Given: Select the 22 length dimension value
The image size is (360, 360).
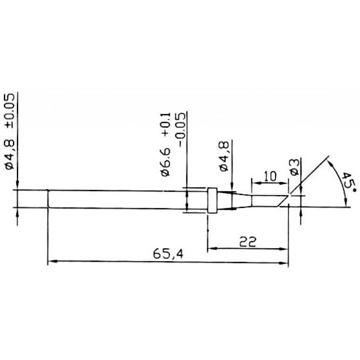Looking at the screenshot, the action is (x=248, y=242).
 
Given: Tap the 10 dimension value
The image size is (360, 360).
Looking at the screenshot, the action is (x=270, y=176).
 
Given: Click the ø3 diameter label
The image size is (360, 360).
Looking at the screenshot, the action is (x=295, y=167).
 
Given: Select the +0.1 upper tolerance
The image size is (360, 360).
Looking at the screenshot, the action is (x=166, y=124).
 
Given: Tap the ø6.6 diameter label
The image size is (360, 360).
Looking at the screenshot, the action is (x=166, y=162).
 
